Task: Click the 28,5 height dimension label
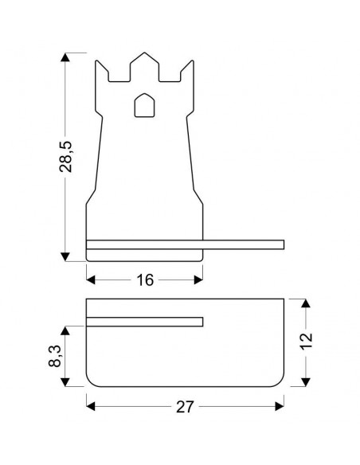click(x=65, y=157)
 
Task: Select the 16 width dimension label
click(x=145, y=280)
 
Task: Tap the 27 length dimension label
click(x=185, y=407)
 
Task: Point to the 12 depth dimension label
click(x=307, y=342)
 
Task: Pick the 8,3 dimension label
click(x=55, y=356)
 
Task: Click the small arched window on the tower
click(x=144, y=105)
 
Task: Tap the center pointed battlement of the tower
click(x=144, y=67)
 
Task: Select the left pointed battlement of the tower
click(x=102, y=71)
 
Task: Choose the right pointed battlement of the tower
click(x=187, y=71)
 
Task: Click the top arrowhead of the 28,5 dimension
click(x=65, y=57)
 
